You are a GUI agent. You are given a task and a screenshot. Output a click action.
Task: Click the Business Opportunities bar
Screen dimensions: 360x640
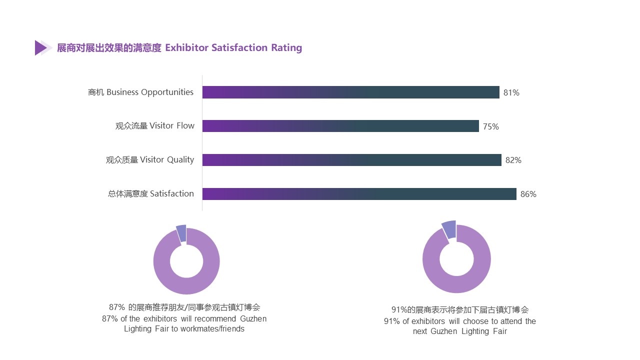click(x=350, y=92)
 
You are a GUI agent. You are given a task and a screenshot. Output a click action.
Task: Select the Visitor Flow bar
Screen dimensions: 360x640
click(x=340, y=126)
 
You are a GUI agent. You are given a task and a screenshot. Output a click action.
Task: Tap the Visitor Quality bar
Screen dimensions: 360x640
click(x=351, y=160)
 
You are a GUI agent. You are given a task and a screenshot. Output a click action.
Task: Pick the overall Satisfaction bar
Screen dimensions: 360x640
click(x=359, y=194)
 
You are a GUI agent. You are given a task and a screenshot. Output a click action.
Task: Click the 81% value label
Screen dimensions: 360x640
click(x=511, y=92)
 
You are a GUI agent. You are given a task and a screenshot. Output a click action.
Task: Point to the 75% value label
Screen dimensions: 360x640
click(x=491, y=126)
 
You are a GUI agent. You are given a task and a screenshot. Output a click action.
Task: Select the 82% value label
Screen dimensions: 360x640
click(x=513, y=160)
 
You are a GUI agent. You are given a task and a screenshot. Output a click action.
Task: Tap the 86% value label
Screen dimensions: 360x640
click(x=528, y=194)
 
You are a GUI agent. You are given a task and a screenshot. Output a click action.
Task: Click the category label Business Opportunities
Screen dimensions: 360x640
click(x=140, y=92)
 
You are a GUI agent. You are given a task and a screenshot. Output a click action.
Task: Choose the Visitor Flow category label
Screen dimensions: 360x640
click(x=155, y=126)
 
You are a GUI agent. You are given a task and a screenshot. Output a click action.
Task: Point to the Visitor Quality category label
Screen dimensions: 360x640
click(x=150, y=160)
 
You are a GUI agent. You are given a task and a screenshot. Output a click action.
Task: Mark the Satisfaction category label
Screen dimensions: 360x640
click(x=151, y=194)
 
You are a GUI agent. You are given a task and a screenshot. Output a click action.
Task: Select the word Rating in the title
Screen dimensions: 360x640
click(x=286, y=48)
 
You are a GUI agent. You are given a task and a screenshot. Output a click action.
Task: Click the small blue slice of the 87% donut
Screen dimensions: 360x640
click(x=181, y=233)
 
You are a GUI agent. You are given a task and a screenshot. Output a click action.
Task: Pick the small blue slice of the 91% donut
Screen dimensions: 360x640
click(x=449, y=229)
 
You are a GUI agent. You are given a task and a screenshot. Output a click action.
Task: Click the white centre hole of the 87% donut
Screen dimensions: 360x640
click(x=186, y=261)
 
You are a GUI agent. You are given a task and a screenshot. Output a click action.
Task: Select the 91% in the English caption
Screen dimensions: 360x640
click(x=392, y=321)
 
